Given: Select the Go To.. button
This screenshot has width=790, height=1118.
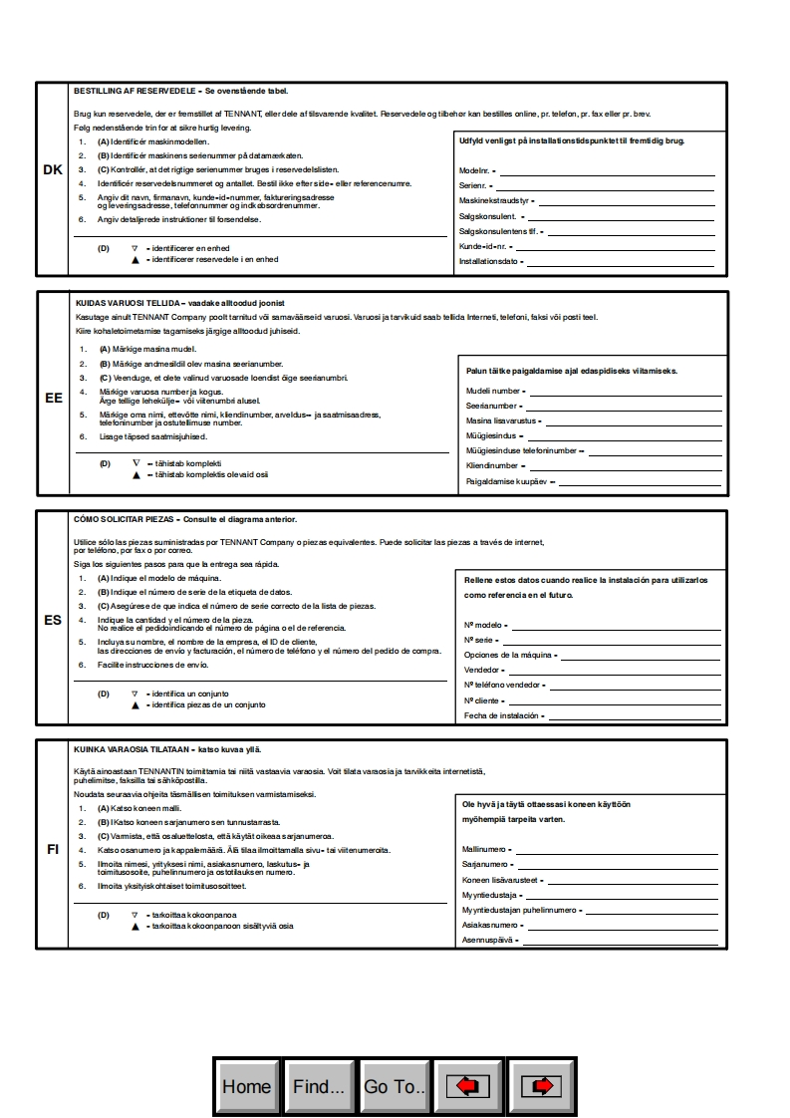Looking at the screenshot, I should click(x=395, y=1086).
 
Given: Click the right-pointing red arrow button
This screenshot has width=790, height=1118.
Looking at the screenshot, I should click(x=542, y=1086).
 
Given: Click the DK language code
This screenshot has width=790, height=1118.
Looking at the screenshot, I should click(x=53, y=170).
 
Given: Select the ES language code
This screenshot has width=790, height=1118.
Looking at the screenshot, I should click(x=53, y=619).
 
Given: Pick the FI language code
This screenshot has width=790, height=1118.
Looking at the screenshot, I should click(x=53, y=850).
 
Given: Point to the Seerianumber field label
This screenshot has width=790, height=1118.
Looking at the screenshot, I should click(x=492, y=406).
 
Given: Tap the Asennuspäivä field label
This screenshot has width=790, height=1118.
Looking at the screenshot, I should click(x=486, y=940).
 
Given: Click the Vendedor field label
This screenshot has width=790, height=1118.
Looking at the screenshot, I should click(x=482, y=670).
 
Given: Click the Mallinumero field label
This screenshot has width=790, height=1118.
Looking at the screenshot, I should click(x=485, y=849).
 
